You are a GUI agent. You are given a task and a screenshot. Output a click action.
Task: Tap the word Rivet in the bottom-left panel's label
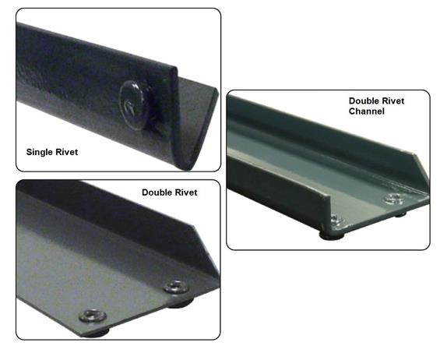187,192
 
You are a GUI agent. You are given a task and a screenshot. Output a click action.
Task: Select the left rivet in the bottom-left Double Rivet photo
89,314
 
